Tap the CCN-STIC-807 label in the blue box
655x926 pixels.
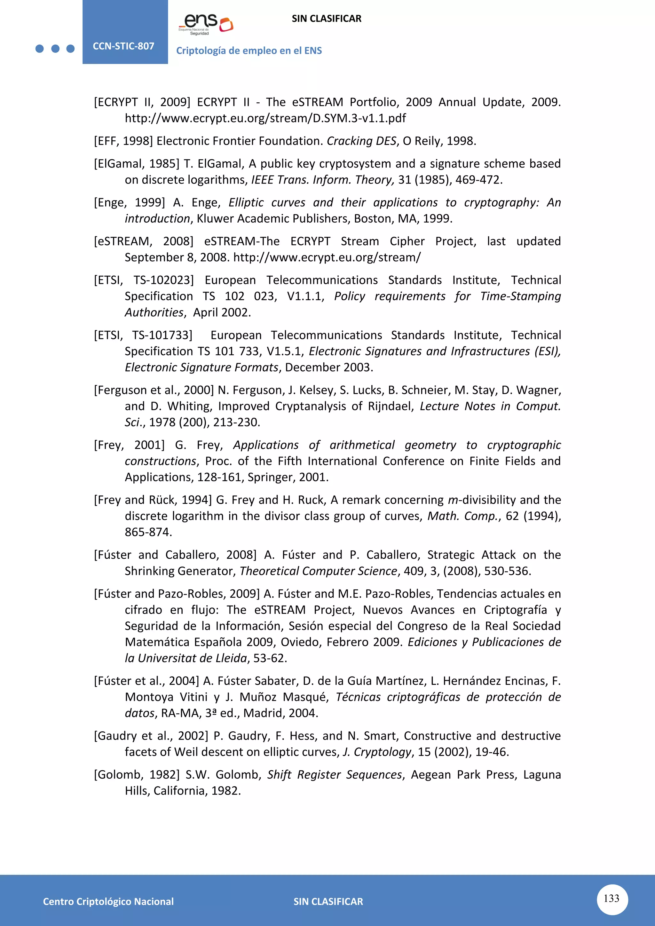pyautogui.click(x=123, y=46)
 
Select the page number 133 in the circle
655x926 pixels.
pyautogui.click(x=612, y=898)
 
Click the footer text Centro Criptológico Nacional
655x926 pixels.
pyautogui.click(x=108, y=901)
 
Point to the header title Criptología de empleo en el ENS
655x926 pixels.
pyautogui.click(x=249, y=51)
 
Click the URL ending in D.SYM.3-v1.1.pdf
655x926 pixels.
pyautogui.click(x=265, y=118)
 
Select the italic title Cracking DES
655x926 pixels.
pyautogui.click(x=361, y=141)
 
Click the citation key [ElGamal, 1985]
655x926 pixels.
pyautogui.click(x=137, y=163)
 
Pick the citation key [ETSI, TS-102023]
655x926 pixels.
pyautogui.click(x=144, y=280)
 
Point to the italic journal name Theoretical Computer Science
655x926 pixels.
pyautogui.click(x=319, y=571)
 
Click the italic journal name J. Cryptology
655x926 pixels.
pyautogui.click(x=377, y=752)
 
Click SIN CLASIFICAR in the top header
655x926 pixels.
pyautogui.click(x=326, y=19)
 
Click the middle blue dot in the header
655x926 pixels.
pyautogui.click(x=55, y=49)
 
